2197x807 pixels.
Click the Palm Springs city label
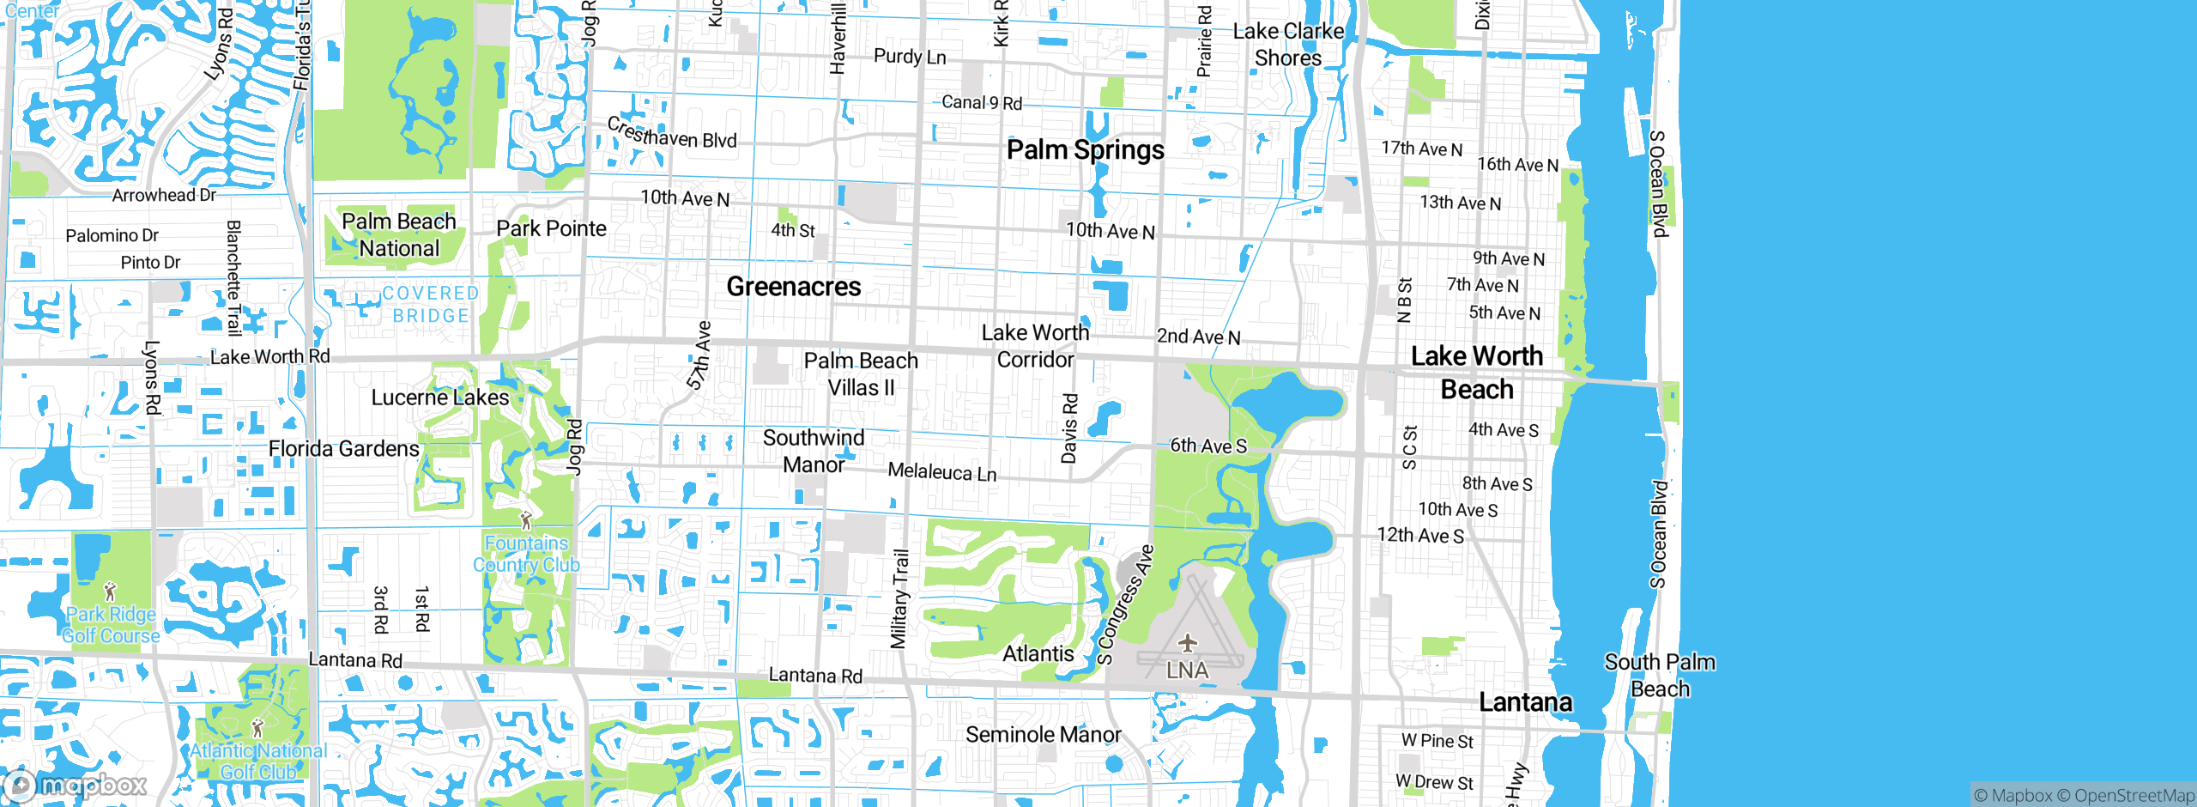click(1085, 150)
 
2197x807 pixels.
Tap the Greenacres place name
click(793, 287)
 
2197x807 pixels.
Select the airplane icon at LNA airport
click(1187, 642)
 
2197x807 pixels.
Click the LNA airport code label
click(1187, 670)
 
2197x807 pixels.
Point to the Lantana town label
click(1525, 702)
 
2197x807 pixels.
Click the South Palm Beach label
click(1660, 676)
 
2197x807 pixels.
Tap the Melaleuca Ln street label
click(941, 472)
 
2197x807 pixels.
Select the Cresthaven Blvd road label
click(671, 134)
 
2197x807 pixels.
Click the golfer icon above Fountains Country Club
click(526, 520)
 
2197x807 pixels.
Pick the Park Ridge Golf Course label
click(111, 625)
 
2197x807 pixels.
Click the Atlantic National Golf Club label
click(258, 761)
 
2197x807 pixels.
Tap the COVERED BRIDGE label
click(430, 305)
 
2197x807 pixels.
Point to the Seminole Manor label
click(1043, 735)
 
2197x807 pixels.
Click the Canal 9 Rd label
click(982, 103)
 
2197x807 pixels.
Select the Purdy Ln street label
click(910, 57)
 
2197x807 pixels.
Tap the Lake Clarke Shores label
click(1288, 45)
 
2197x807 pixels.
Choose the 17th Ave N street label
click(1421, 149)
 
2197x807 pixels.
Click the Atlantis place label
click(1038, 654)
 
